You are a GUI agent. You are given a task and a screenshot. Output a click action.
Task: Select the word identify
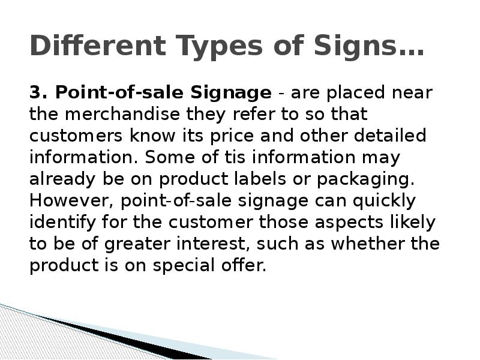click(x=57, y=223)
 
